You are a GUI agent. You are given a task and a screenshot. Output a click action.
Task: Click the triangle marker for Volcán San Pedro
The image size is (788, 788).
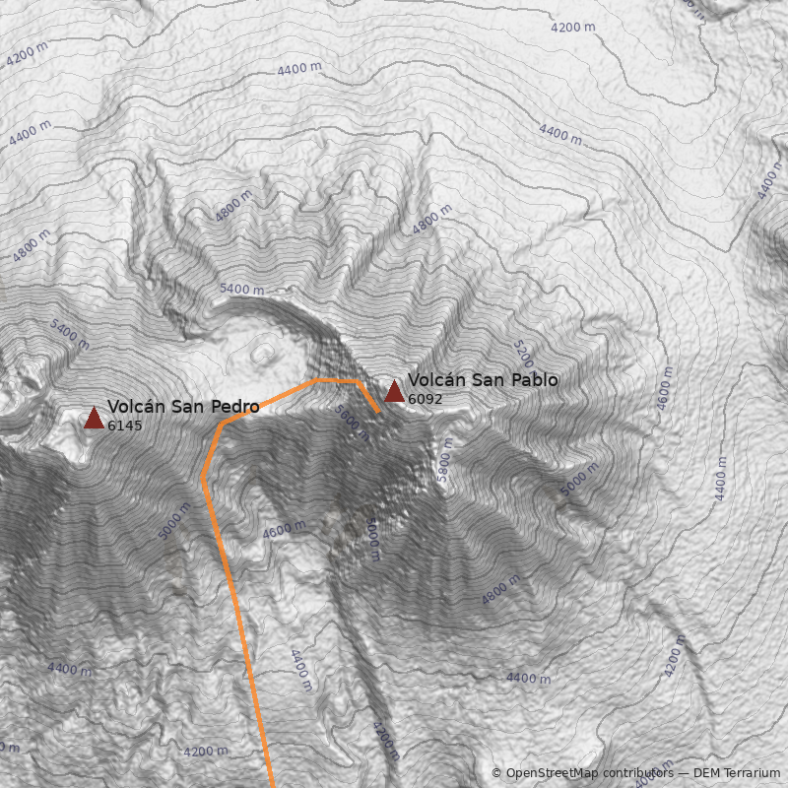coord(94,419)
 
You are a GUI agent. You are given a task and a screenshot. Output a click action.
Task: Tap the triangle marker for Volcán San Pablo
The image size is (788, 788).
coord(394,391)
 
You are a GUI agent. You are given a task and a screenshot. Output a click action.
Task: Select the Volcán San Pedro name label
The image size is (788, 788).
coord(183,407)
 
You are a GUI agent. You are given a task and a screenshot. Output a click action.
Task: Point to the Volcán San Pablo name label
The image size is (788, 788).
coord(483,380)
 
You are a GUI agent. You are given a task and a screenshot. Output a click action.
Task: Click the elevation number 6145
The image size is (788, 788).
coord(125,427)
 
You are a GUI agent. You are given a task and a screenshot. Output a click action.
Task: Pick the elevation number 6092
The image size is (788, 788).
coord(426,399)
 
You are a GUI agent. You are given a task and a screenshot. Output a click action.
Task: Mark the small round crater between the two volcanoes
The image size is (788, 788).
coord(264,353)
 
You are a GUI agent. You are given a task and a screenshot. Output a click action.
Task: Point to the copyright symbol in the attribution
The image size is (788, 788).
coord(496,774)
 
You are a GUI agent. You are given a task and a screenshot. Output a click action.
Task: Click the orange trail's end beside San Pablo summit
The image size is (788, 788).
coord(379,411)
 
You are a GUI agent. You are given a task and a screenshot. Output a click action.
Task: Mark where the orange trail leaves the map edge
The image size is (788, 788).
coord(273,786)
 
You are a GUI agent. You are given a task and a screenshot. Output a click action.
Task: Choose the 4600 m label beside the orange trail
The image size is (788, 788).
coord(285,531)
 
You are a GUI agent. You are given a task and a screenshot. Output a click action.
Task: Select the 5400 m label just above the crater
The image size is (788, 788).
coord(241,290)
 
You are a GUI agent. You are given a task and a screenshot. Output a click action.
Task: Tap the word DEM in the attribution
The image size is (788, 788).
coord(706,774)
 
